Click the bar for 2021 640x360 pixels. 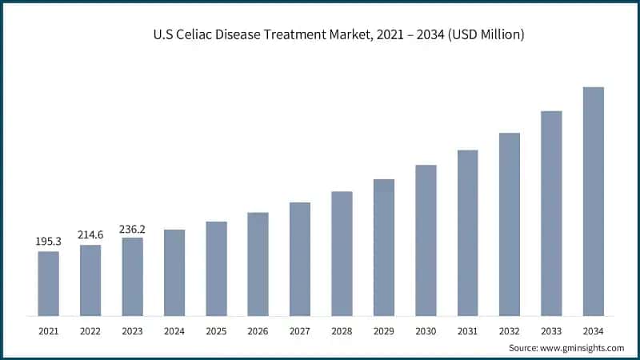pyautogui.click(x=48, y=284)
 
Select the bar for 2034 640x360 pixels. pyautogui.click(x=593, y=202)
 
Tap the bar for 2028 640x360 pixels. pyautogui.click(x=342, y=254)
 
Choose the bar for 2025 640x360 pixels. pyautogui.click(x=216, y=269)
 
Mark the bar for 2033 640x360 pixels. pyautogui.click(x=551, y=214)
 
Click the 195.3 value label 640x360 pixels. pyautogui.click(x=48, y=241)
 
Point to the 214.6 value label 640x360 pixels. pyautogui.click(x=90, y=234)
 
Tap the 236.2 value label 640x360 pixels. pyautogui.click(x=132, y=228)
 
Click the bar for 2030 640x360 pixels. pyautogui.click(x=426, y=241)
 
